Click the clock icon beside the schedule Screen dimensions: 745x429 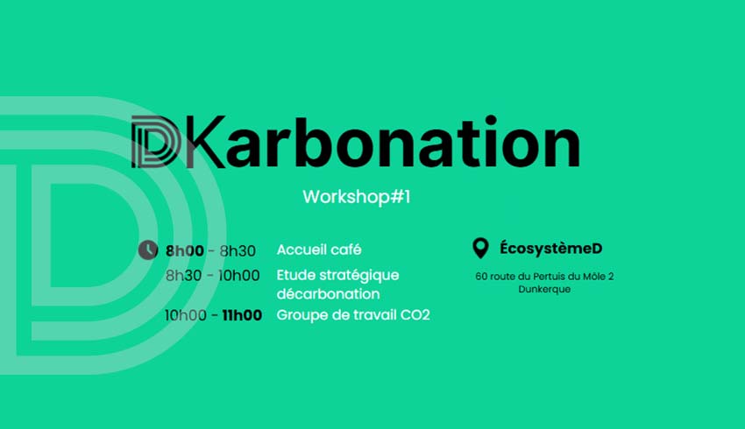pyautogui.click(x=148, y=250)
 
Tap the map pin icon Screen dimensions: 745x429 pyautogui.click(x=480, y=248)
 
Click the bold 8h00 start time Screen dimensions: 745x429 pyautogui.click(x=185, y=250)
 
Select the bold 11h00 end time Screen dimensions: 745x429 pyautogui.click(x=242, y=315)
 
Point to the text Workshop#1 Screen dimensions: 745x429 pyautogui.click(x=357, y=197)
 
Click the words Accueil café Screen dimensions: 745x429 pyautogui.click(x=319, y=250)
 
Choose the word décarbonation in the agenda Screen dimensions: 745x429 pyautogui.click(x=328, y=294)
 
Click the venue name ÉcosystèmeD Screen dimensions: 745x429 pyautogui.click(x=550, y=248)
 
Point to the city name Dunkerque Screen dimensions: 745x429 pyautogui.click(x=544, y=289)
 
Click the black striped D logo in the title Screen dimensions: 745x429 pyautogui.click(x=156, y=142)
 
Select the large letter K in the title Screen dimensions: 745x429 pyautogui.click(x=204, y=142)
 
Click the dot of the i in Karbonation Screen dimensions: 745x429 pyautogui.click(x=492, y=120)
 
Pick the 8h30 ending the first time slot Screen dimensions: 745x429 pyautogui.click(x=238, y=250)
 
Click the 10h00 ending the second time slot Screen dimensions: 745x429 pyautogui.click(x=239, y=276)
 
